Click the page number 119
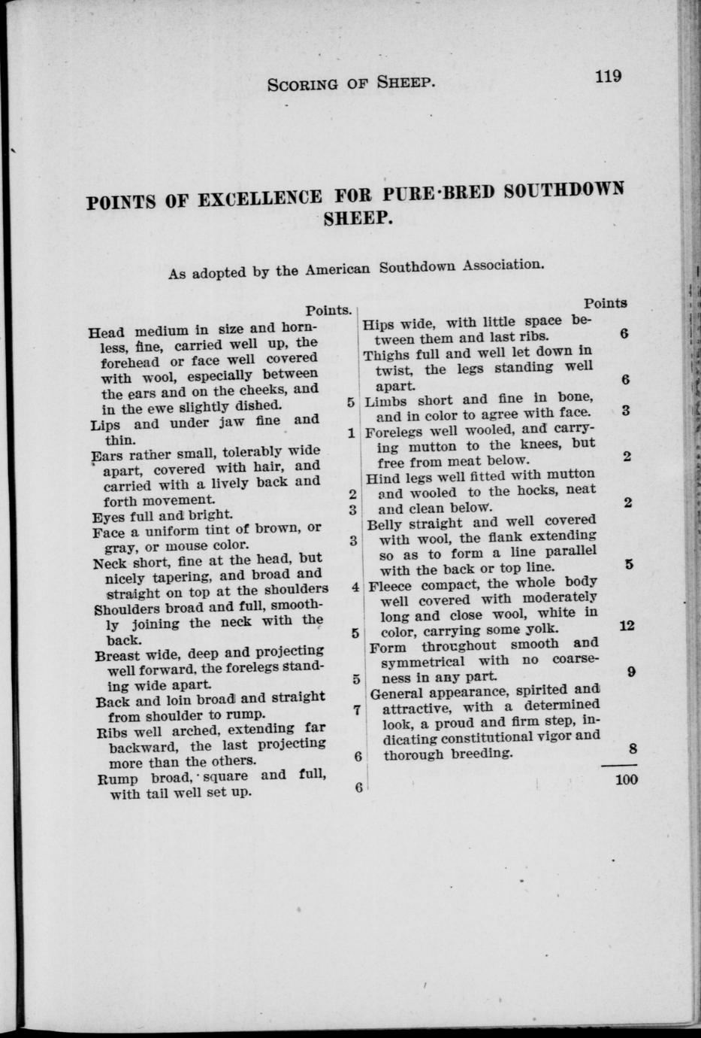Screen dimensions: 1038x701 tap(607, 76)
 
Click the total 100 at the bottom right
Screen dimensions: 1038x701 tap(626, 779)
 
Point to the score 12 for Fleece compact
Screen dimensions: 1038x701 tap(627, 625)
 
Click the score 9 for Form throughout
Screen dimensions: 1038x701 tap(631, 673)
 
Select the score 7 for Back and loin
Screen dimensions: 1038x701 tap(357, 709)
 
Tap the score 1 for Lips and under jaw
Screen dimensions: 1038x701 tap(351, 433)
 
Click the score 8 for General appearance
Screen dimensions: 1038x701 tap(632, 749)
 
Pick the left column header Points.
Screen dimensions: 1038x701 tap(328, 310)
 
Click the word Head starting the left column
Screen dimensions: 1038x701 tap(105, 332)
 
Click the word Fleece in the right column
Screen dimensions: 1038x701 tap(389, 584)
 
